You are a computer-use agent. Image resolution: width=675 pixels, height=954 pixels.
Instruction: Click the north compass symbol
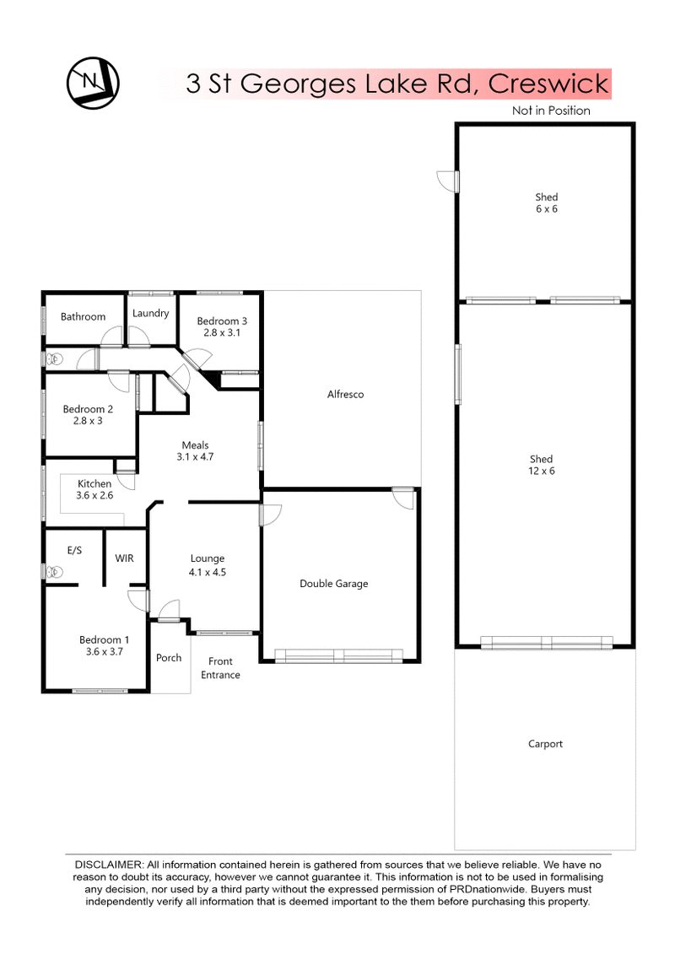tap(92, 83)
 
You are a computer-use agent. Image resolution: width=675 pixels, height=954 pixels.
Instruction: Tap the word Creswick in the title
tap(548, 84)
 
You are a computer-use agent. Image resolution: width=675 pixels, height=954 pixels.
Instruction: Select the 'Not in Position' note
tap(551, 110)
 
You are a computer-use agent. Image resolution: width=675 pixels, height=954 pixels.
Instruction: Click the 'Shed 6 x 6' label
tap(546, 203)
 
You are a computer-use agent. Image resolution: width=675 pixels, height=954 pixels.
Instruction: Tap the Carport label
tap(545, 744)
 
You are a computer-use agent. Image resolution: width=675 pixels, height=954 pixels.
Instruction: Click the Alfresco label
tap(345, 394)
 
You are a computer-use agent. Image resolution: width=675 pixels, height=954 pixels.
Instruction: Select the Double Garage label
tap(334, 584)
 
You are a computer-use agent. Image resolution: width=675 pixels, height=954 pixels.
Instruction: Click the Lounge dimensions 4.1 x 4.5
tap(208, 572)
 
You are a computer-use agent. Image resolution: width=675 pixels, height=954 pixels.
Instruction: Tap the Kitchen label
tap(94, 483)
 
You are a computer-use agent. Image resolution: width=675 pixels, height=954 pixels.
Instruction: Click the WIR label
tap(125, 558)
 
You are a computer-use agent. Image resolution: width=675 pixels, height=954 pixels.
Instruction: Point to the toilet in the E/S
tap(55, 571)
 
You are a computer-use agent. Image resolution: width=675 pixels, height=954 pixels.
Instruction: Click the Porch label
tap(169, 658)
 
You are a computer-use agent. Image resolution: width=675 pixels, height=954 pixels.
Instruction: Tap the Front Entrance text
tap(220, 668)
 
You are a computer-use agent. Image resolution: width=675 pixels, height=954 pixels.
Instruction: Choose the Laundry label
tap(151, 313)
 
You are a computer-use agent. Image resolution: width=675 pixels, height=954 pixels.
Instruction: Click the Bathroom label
tap(83, 316)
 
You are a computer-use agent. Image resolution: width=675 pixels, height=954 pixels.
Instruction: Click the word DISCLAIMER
tap(109, 865)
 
